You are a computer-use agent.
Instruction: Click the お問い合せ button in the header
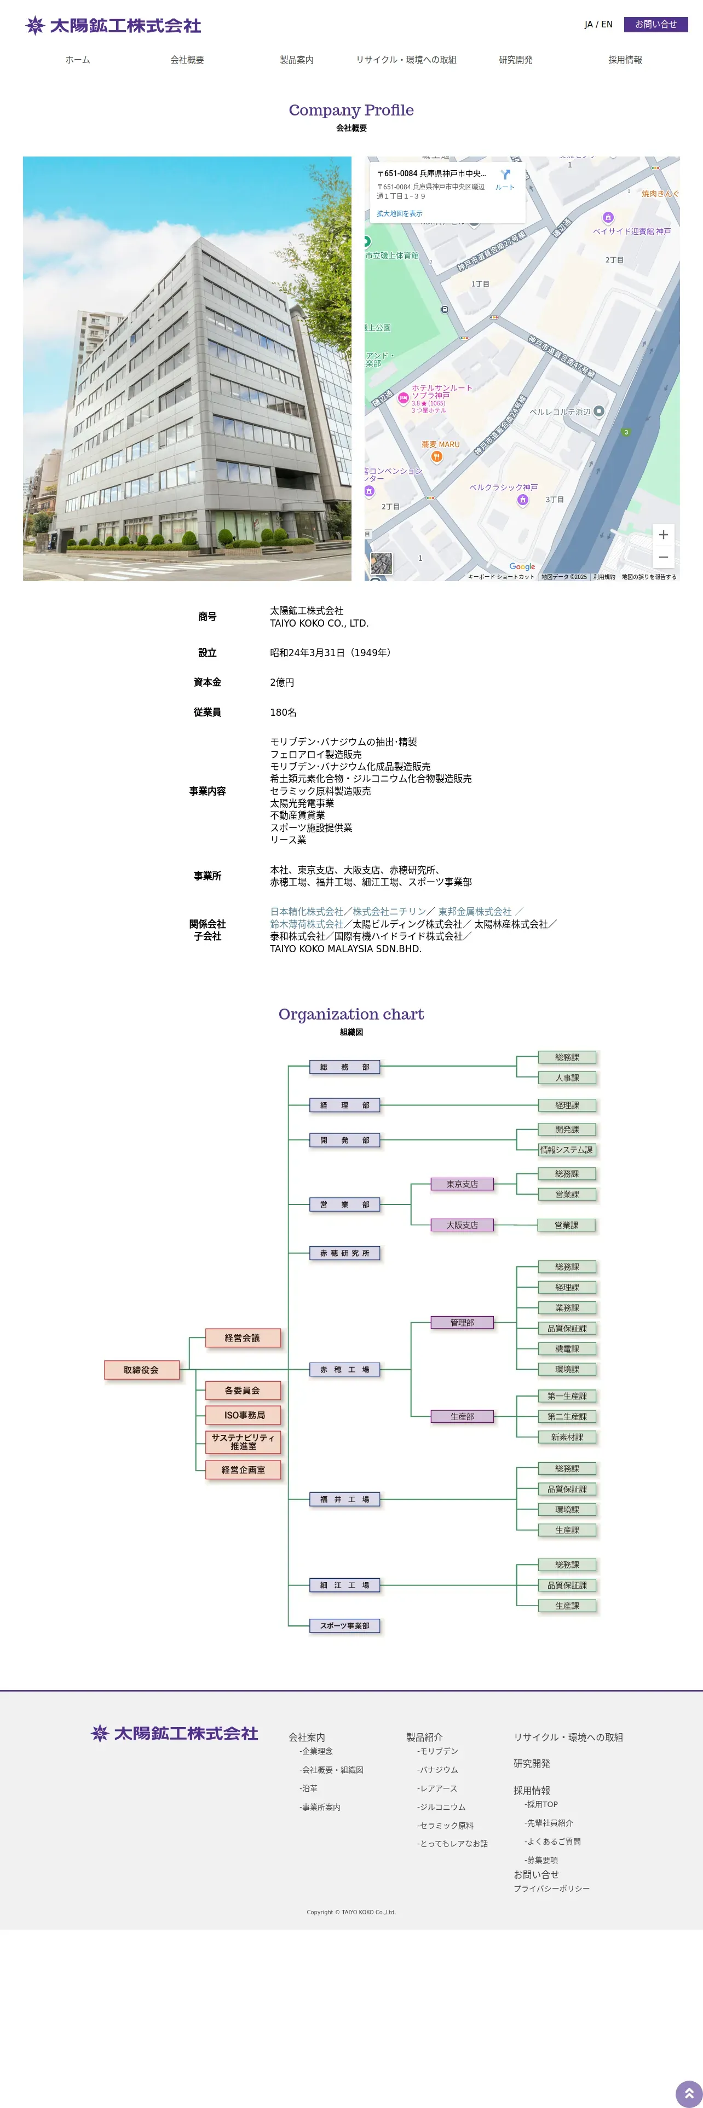pos(655,25)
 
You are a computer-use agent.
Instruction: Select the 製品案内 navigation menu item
pos(296,60)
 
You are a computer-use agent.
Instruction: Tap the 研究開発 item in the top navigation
pos(516,60)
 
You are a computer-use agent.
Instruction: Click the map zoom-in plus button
pos(663,534)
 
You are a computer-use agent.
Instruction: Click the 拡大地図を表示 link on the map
pos(399,213)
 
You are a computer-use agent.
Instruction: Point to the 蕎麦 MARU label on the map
pos(440,444)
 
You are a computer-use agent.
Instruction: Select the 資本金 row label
pos(207,682)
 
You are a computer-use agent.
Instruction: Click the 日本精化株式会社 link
pos(307,912)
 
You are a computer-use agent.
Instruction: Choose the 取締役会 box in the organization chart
pos(142,1370)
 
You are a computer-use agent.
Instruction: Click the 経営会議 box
pos(242,1338)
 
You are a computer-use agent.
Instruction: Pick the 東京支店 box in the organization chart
pos(463,1184)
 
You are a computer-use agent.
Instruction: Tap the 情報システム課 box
pos(566,1150)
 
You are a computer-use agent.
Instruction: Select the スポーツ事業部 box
pos(344,1626)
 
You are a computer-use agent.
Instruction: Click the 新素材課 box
pos(566,1437)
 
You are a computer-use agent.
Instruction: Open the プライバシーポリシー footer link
pos(551,1889)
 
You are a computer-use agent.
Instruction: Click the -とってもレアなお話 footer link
pos(453,1844)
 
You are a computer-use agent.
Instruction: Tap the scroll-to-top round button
pos(688,2093)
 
